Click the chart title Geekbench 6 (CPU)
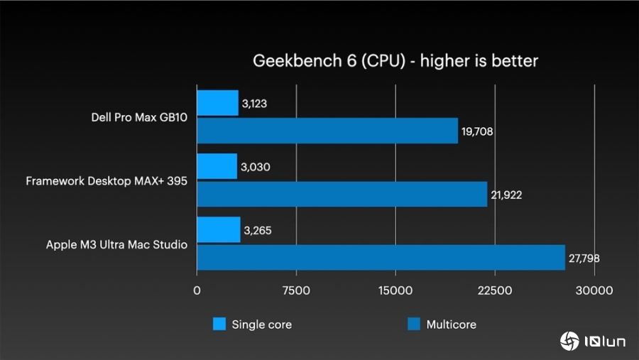395,61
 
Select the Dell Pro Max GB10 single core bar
217,103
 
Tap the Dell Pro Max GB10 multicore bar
327,131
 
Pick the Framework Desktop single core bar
217,167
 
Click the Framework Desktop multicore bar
342,194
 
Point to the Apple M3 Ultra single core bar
218,230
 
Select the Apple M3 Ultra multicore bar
381,257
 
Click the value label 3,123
255,104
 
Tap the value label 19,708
477,131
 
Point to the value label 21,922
506,195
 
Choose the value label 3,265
257,231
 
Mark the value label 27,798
584,258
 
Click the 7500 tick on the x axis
296,290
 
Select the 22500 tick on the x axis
495,290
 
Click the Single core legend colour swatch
219,324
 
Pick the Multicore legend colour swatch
414,324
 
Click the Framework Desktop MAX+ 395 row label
106,181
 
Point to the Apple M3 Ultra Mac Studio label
116,245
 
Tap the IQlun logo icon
569,342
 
